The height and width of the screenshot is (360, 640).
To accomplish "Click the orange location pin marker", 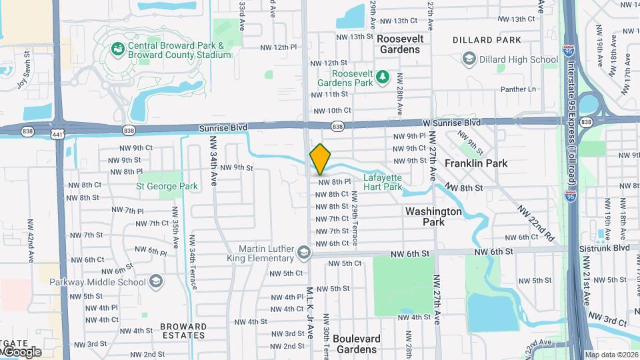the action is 320,159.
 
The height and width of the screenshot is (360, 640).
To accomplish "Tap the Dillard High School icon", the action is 469,59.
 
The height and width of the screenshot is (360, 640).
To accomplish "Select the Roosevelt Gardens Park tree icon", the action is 383,78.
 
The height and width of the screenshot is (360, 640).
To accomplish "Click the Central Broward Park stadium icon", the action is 118,49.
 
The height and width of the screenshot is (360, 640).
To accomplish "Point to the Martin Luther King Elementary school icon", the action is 304,253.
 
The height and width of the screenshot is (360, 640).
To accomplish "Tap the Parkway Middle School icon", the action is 156,281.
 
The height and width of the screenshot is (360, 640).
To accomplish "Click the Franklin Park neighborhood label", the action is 476,163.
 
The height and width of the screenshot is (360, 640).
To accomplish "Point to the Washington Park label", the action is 433,216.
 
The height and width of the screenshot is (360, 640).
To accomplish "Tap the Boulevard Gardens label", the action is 356,344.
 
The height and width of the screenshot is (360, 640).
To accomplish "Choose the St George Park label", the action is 167,186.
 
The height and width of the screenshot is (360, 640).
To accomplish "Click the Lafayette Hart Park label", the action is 383,182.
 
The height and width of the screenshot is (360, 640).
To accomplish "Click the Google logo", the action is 21,351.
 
